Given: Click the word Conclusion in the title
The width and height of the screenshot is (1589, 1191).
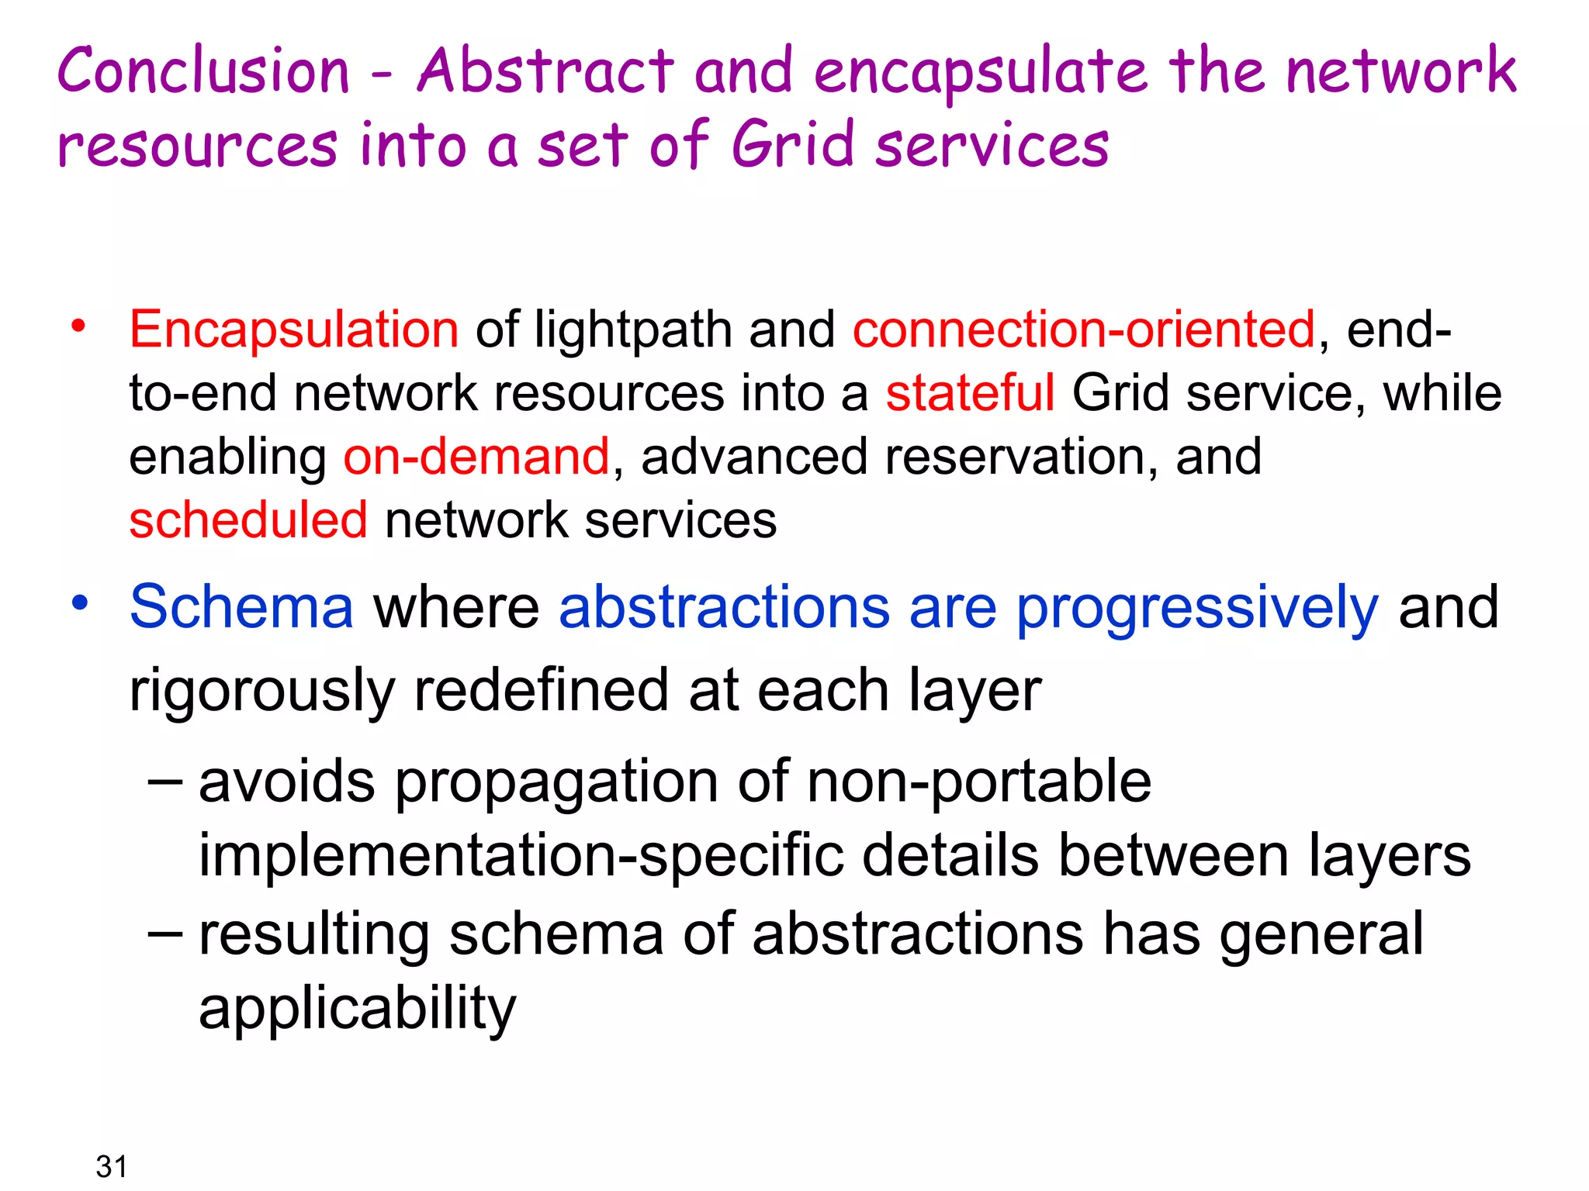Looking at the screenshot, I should tap(203, 71).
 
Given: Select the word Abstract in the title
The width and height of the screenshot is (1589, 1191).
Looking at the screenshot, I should tap(545, 71).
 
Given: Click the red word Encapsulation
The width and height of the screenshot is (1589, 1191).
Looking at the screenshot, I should tap(294, 330).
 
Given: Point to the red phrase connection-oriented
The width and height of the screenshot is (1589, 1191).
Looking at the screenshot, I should tap(1084, 330).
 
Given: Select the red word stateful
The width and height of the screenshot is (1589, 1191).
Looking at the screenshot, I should tap(970, 393).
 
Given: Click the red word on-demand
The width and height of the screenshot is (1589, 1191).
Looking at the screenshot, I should tap(476, 457).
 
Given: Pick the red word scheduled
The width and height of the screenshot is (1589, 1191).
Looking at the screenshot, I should tap(248, 520).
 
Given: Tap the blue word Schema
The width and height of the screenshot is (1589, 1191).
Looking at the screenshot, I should tap(241, 607).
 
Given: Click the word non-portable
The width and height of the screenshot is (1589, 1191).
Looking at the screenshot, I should tap(979, 782).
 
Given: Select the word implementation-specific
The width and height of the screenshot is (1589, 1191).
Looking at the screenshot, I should tap(521, 857).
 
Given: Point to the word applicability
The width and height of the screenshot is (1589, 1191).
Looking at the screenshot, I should tap(357, 1009).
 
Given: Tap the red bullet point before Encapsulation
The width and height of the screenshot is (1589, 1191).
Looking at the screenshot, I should tap(78, 326).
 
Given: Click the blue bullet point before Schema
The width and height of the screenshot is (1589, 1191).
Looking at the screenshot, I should tap(79, 602).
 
